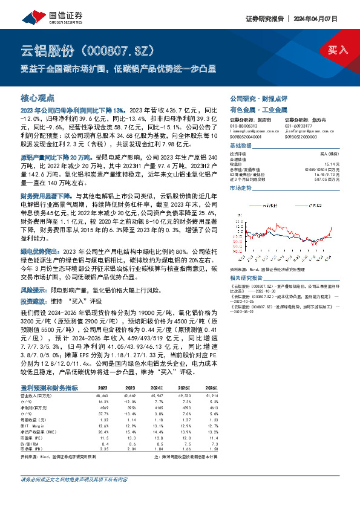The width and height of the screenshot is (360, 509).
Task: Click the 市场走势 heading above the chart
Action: tap(241, 189)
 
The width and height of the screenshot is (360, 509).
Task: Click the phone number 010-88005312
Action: tap(244, 124)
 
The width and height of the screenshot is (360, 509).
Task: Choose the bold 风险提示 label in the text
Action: tap(35, 290)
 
